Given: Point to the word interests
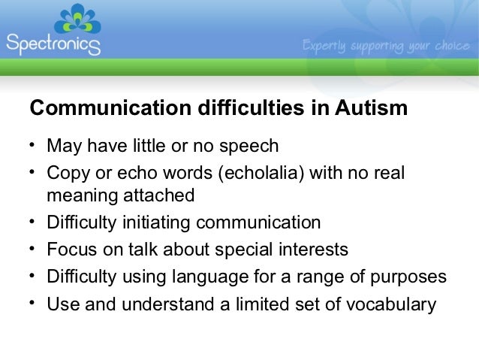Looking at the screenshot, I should [x=312, y=249].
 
